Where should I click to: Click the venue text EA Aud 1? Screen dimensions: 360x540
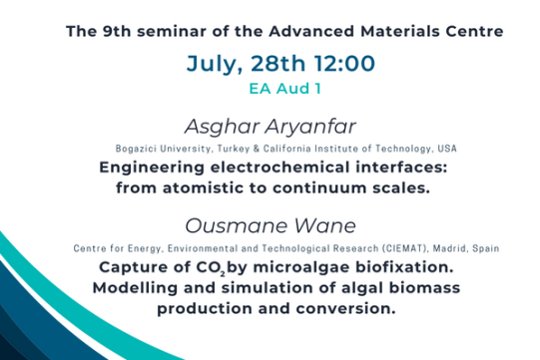click(284, 89)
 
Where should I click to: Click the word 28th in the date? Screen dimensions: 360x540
click(277, 64)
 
